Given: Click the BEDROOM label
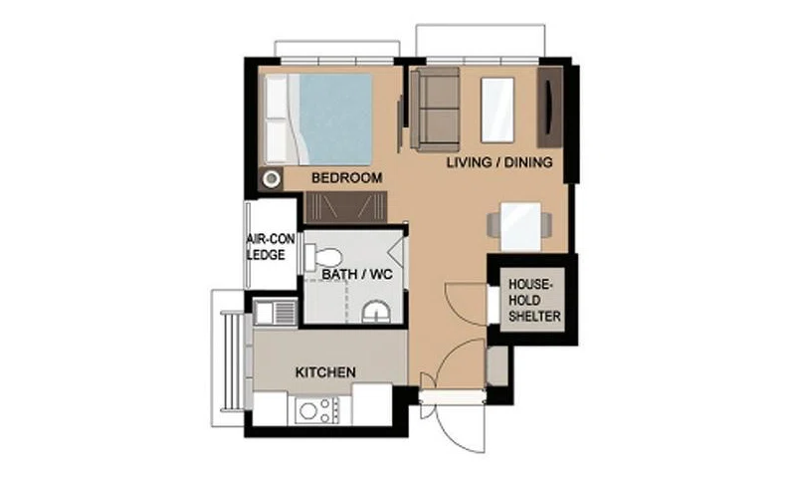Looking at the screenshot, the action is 346,178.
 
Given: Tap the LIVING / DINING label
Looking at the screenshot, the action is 499,162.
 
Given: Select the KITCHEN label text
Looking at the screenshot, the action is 325,372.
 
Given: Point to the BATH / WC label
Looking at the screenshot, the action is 357,274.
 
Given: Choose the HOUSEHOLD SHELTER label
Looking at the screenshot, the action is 534,300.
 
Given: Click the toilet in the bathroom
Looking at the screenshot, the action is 322,257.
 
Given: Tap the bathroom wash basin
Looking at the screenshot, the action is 376,313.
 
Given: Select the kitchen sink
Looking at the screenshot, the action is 276,312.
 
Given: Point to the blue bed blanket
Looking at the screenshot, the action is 335,119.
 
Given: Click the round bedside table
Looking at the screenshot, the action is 272,179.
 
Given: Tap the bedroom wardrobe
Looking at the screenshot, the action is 346,207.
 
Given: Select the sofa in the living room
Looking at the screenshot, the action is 435,110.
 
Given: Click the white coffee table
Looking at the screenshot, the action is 497,110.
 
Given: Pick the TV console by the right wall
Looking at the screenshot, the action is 550,108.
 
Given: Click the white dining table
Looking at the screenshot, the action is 520,226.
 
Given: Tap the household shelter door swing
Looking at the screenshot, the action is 466,302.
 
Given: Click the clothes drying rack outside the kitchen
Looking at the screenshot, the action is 232,361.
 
